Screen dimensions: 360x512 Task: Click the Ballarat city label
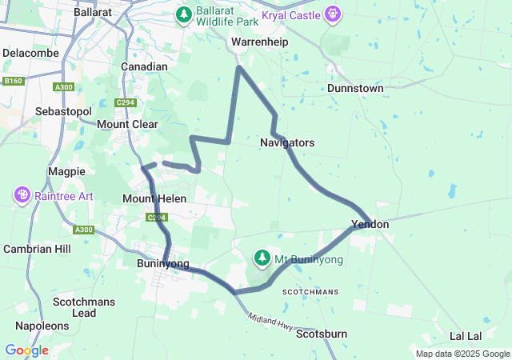point(92,13)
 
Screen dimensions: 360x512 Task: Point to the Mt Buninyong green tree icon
point(262,258)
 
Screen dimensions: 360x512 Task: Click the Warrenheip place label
point(254,41)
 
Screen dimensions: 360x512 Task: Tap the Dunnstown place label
point(357,88)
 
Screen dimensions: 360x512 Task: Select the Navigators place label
point(287,142)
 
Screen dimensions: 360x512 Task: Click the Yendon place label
point(370,225)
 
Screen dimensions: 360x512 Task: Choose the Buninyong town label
point(163,264)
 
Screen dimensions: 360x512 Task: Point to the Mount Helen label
point(154,198)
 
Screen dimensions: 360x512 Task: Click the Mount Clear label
point(127,125)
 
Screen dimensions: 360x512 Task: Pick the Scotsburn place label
point(321,334)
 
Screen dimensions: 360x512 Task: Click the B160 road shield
point(12,81)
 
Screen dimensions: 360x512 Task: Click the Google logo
point(26,350)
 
